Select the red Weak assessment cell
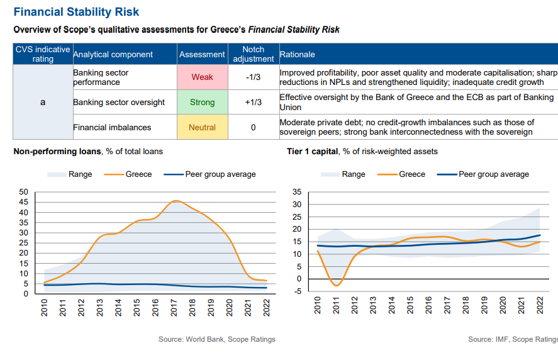tap(202, 77)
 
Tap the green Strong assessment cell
tap(202, 102)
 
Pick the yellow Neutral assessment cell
tap(202, 127)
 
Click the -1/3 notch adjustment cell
tap(253, 77)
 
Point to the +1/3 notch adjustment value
tap(253, 102)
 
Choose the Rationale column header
tap(298, 54)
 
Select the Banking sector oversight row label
tap(119, 102)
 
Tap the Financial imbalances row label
tap(112, 127)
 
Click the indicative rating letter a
tap(43, 102)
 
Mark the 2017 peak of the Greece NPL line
tap(176, 201)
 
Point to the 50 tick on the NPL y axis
tap(24, 192)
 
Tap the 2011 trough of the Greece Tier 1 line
tap(335, 286)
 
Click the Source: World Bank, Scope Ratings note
tap(217, 339)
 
